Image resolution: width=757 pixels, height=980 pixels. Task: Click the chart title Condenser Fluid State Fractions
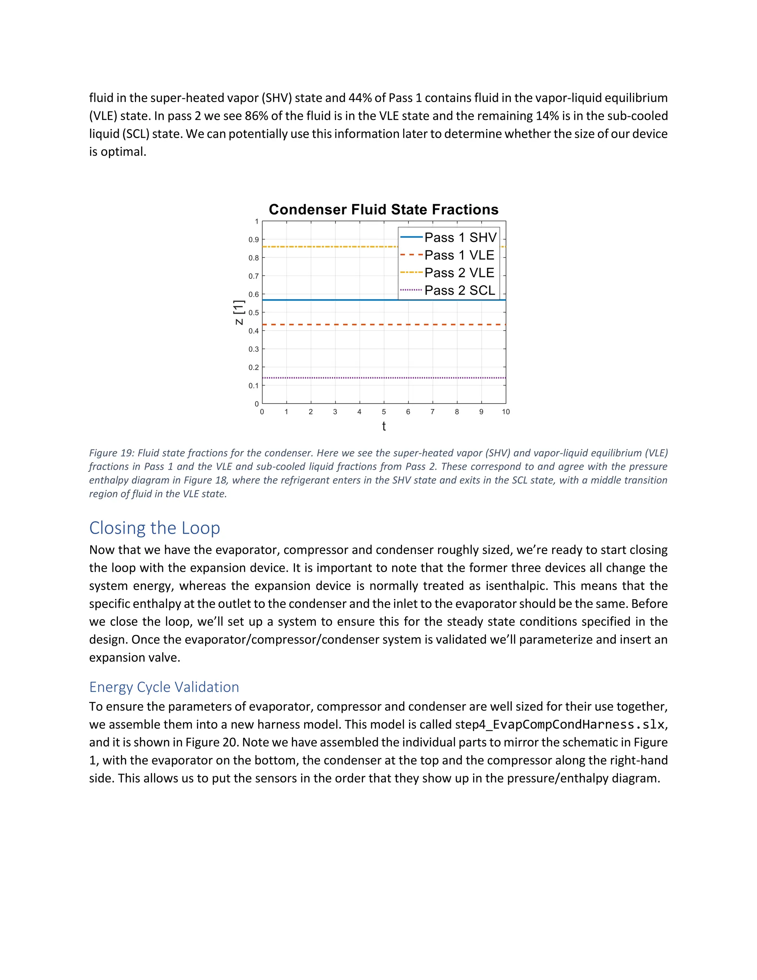383,210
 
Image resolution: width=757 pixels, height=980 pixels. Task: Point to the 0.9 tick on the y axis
254,240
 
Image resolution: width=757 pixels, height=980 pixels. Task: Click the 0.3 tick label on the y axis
254,349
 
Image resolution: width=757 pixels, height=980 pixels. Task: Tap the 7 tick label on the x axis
432,412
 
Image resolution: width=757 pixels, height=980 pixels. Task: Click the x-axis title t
384,426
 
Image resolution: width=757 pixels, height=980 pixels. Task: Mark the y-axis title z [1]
239,313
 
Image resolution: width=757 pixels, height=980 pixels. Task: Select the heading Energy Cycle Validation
164,687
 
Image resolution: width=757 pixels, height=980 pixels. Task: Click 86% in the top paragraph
256,116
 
